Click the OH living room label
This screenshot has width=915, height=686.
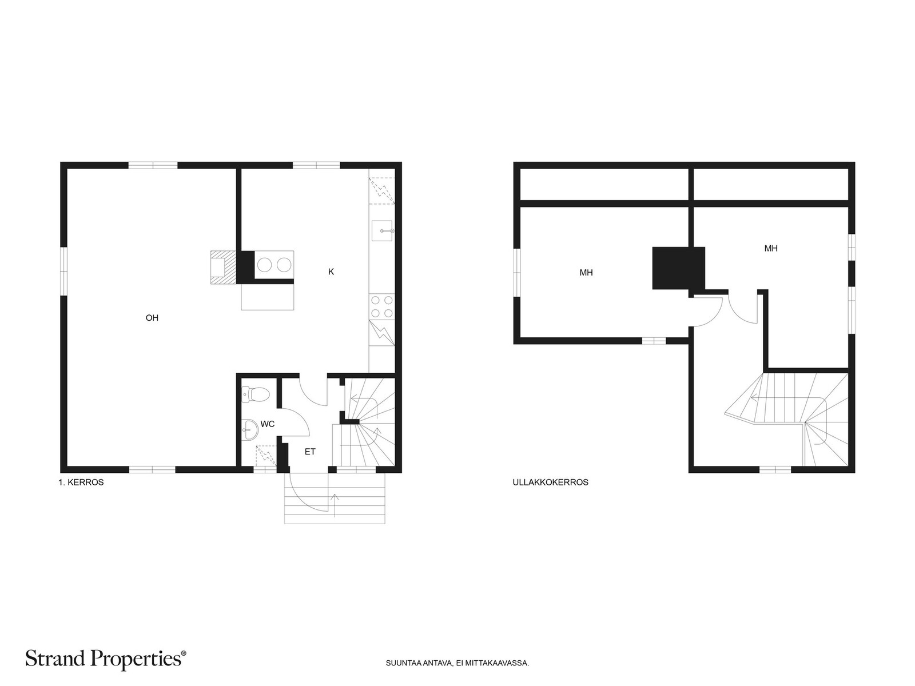click(x=152, y=318)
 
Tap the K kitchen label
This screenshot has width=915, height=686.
click(x=331, y=272)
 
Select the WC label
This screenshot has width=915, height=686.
click(x=268, y=424)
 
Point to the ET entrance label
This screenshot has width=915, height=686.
click(x=310, y=452)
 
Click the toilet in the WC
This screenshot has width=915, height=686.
click(x=256, y=394)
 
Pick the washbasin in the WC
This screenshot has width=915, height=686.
click(x=250, y=429)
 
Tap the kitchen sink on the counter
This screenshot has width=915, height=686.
click(x=383, y=231)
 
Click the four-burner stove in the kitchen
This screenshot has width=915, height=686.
click(x=382, y=306)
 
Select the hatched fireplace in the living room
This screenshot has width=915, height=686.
click(x=224, y=268)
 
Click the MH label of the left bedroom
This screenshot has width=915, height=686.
click(x=586, y=273)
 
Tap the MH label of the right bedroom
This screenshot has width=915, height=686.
click(x=771, y=249)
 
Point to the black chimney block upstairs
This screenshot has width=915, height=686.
click(x=679, y=268)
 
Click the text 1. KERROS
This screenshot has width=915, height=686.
click(x=81, y=482)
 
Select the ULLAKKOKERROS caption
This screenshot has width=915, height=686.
click(x=550, y=482)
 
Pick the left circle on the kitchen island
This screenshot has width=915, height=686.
click(x=264, y=265)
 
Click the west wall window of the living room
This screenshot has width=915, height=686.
click(x=64, y=272)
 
